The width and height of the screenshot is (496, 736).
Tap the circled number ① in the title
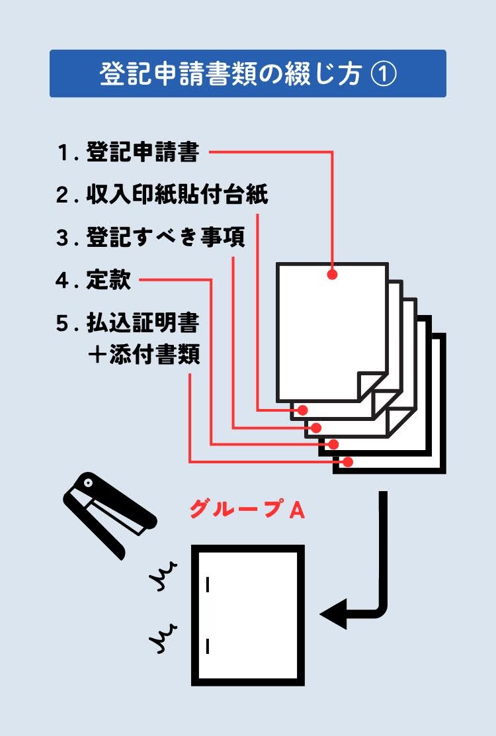[382, 74]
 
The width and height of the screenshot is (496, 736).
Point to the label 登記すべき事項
[165, 238]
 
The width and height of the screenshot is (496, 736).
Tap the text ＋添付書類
[143, 355]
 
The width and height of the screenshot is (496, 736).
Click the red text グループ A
[247, 509]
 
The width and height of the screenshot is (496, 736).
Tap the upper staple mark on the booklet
[208, 584]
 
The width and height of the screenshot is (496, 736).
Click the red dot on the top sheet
[332, 273]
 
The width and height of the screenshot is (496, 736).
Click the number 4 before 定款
[63, 281]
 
